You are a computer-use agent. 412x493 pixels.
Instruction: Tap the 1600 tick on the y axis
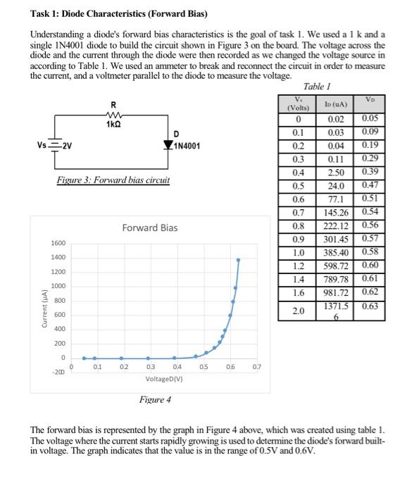[57, 243]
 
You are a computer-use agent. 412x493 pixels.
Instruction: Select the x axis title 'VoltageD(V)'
[163, 379]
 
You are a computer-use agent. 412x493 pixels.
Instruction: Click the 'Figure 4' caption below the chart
[155, 399]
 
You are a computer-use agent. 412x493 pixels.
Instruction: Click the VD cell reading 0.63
[370, 306]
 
